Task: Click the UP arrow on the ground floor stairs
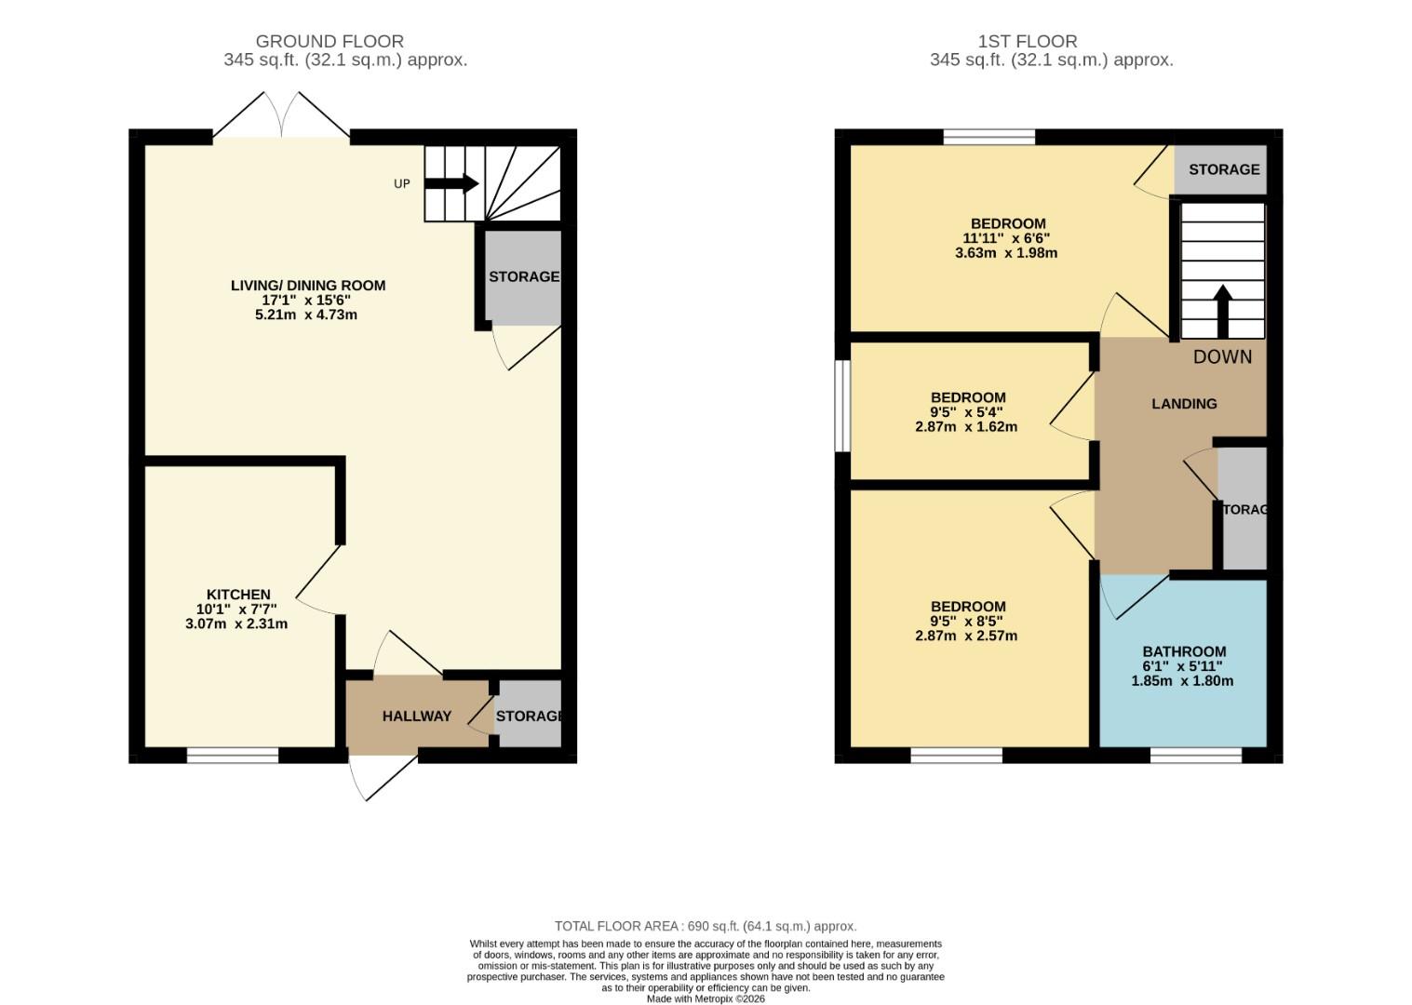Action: [451, 183]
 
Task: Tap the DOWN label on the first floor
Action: [1222, 357]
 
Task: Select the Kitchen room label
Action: [238, 595]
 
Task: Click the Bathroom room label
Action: [1184, 652]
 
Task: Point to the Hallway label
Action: [416, 717]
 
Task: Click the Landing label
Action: [1184, 404]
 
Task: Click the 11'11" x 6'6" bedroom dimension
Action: [1006, 238]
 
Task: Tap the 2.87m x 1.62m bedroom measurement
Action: [966, 427]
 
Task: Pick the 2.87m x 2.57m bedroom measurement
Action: [966, 636]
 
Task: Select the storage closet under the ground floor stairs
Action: [523, 276]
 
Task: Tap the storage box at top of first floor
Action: [1222, 169]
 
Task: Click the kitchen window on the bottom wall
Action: [233, 756]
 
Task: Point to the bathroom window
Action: [1195, 756]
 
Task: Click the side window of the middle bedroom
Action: [841, 406]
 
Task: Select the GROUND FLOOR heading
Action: [329, 41]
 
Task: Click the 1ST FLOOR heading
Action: [1028, 41]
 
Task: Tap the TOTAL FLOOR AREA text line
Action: [706, 926]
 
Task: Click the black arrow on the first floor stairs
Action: [1222, 311]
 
